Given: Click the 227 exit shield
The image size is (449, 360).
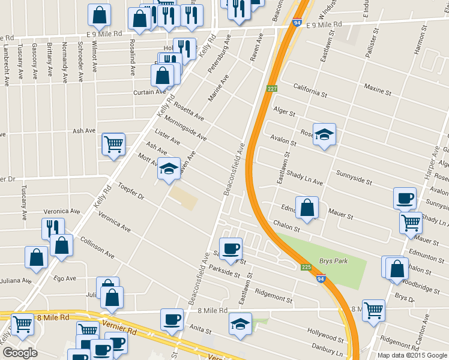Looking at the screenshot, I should pyautogui.click(x=272, y=89).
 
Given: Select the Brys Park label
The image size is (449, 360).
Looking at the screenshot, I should pyautogui.click(x=334, y=262).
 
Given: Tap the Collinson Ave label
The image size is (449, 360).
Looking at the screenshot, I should pyautogui.click(x=97, y=247).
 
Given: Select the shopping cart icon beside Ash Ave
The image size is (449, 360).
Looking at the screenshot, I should pyautogui.click(x=113, y=144).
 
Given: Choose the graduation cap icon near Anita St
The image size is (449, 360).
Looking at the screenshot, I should pyautogui.click(x=241, y=325).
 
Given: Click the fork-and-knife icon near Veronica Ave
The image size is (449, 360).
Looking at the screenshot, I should pyautogui.click(x=52, y=229).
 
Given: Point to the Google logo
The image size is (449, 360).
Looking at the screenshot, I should pyautogui.click(x=20, y=353).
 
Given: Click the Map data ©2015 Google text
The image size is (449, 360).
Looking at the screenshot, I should pyautogui.click(x=412, y=355).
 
